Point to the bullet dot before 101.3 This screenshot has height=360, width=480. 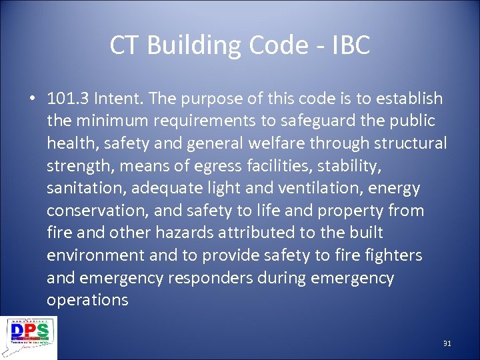pos(31,99)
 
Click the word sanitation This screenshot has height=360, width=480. pos(85,189)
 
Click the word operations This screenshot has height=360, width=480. pos(87,300)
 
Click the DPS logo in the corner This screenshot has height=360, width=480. pos(29,337)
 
